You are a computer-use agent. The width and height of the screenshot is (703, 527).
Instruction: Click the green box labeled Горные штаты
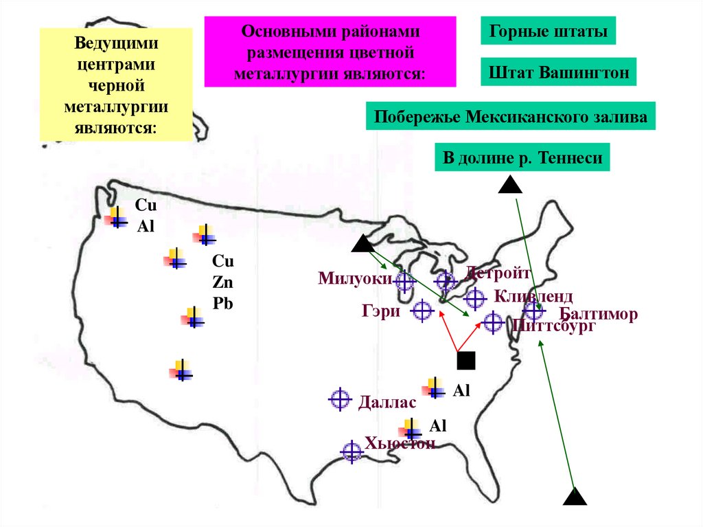coord(548,32)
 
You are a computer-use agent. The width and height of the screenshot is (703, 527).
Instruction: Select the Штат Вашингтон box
coord(559,71)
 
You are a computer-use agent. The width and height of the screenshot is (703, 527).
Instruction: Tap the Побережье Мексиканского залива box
coord(510,117)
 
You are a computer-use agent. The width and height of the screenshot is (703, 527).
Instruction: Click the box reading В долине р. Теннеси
coord(522,158)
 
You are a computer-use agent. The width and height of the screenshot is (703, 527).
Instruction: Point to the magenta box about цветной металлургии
coord(330,52)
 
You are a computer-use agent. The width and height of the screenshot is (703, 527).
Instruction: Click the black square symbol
coord(467,360)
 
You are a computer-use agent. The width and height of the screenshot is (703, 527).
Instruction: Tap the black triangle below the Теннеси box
coord(509,184)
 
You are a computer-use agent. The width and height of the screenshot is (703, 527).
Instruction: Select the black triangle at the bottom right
coord(575,497)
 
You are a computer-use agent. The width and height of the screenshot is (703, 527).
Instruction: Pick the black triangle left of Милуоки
coord(362,245)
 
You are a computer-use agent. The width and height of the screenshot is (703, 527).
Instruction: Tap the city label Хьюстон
coord(400,443)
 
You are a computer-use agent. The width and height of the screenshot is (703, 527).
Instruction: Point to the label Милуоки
coord(354,278)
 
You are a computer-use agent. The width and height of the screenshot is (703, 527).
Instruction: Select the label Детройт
coord(498,273)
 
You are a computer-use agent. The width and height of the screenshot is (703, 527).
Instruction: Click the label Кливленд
coord(532,297)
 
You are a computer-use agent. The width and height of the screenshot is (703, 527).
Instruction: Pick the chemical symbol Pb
coord(222,302)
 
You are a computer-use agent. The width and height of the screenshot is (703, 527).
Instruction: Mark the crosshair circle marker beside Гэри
coord(422,311)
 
